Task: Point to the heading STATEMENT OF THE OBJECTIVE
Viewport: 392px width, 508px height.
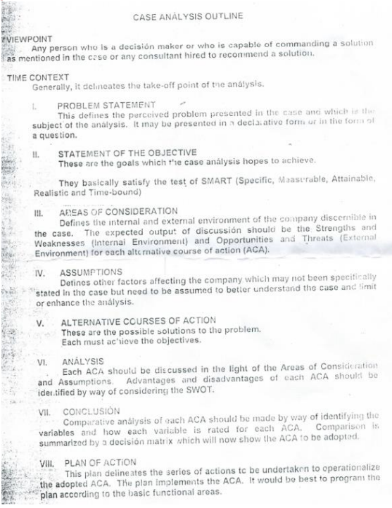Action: [x=127, y=153]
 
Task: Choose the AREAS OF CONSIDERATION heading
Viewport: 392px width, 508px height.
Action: [x=118, y=211]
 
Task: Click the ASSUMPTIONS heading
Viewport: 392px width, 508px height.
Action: [x=91, y=272]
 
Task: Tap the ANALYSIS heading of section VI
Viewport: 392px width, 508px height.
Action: [x=83, y=361]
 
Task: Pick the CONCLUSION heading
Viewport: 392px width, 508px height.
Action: [x=91, y=410]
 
